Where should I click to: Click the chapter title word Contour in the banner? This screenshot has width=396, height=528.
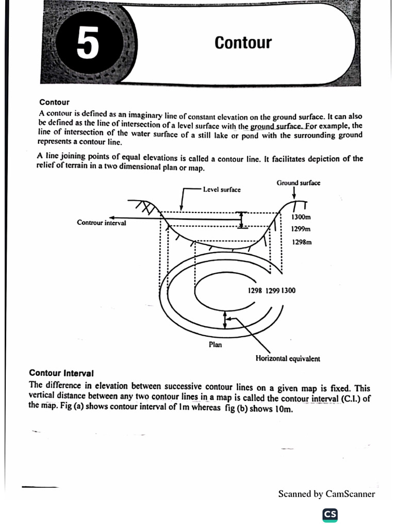[243, 42]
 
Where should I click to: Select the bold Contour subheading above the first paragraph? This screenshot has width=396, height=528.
[54, 102]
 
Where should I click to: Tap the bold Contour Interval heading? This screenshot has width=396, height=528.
[61, 372]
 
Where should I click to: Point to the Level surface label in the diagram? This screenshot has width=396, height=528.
[222, 189]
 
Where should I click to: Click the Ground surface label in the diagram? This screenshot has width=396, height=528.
[298, 183]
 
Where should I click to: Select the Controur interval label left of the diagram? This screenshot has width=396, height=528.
[101, 223]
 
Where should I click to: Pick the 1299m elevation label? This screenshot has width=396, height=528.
[301, 229]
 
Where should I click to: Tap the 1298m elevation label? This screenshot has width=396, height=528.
[302, 242]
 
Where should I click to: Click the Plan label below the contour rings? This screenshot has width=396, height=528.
[215, 344]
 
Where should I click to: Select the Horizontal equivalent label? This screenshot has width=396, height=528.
[287, 358]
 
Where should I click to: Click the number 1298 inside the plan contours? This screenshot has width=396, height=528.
[255, 291]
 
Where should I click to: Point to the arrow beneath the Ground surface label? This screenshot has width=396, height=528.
[293, 193]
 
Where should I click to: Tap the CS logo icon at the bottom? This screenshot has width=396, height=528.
[330, 515]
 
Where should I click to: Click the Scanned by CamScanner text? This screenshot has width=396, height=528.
[326, 494]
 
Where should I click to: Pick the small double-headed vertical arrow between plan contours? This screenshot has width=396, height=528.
[225, 321]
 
